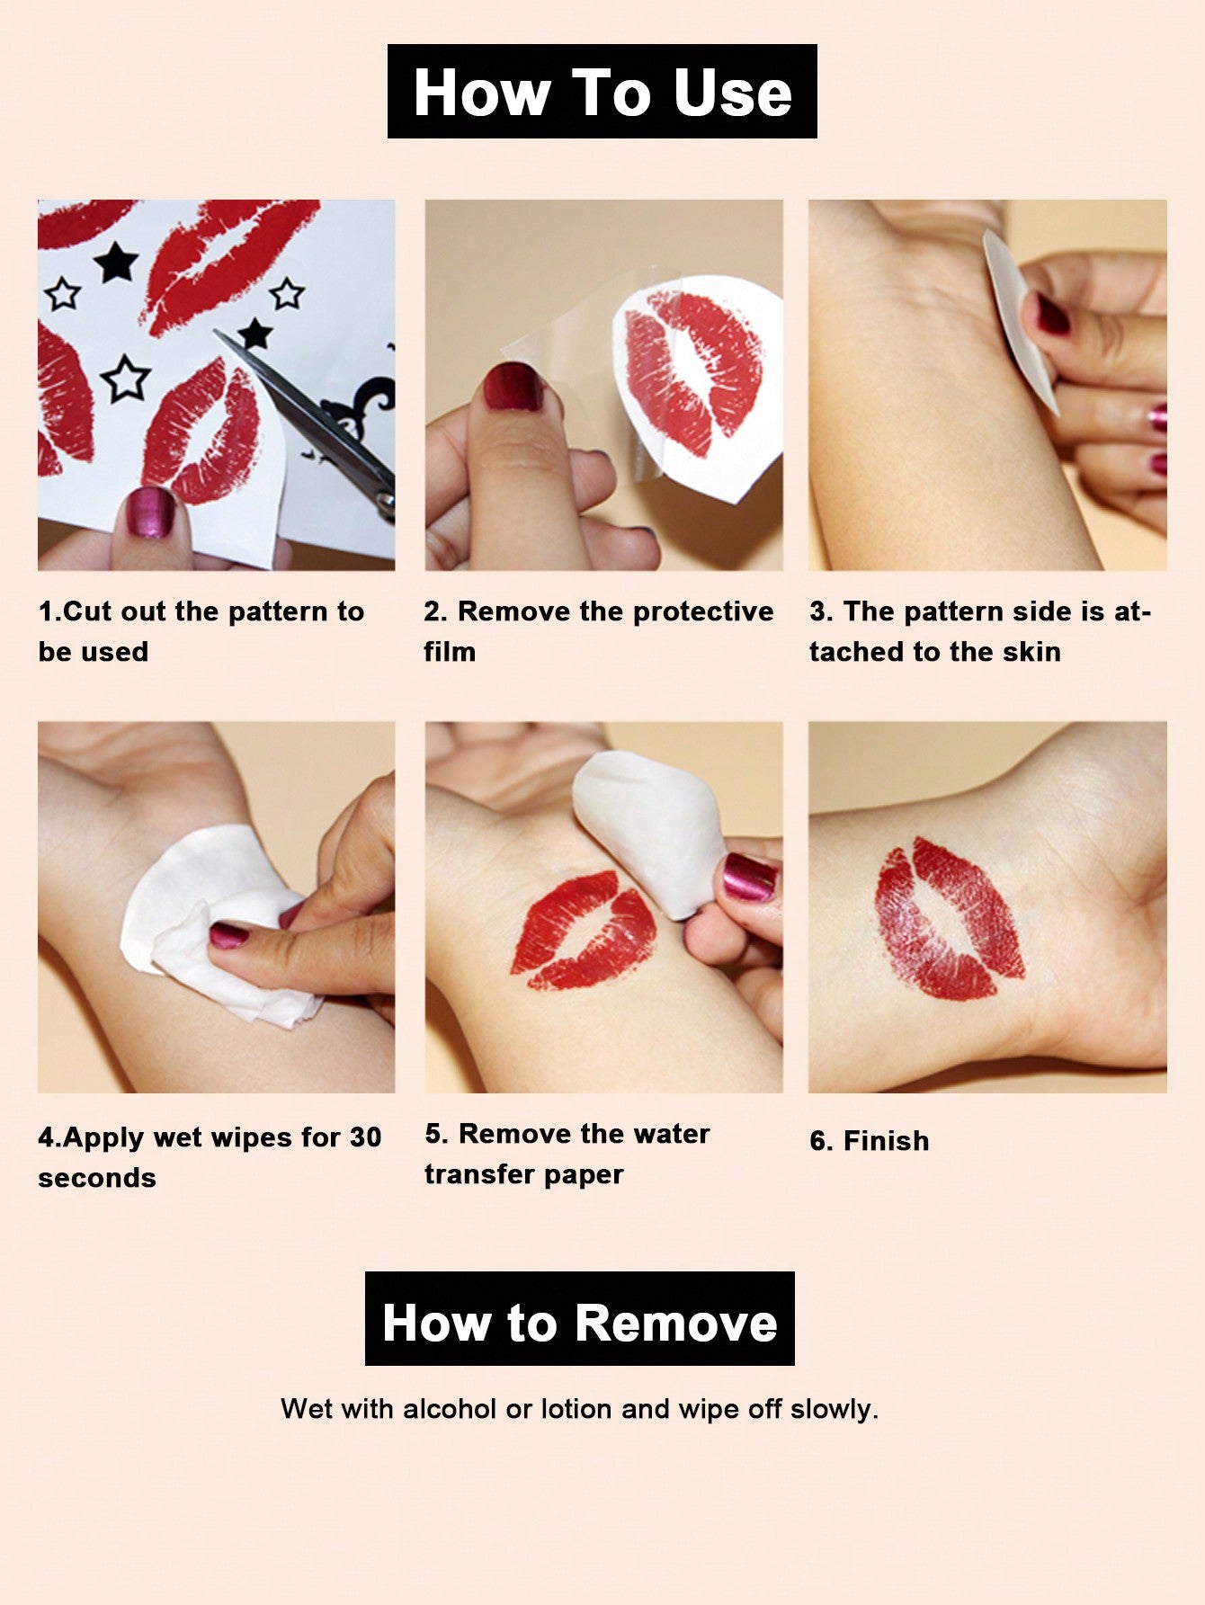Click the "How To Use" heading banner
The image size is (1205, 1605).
tap(602, 91)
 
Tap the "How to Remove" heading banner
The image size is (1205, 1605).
tap(580, 1318)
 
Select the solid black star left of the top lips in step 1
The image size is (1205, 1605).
tap(116, 262)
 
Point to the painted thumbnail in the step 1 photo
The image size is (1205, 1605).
tap(150, 513)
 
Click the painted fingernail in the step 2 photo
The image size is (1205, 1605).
tap(513, 387)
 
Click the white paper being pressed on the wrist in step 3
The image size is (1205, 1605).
tap(1019, 320)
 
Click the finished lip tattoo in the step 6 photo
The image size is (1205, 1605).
tap(948, 919)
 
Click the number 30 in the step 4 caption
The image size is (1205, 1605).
tap(366, 1137)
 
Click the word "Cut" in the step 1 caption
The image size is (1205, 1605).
tap(87, 611)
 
